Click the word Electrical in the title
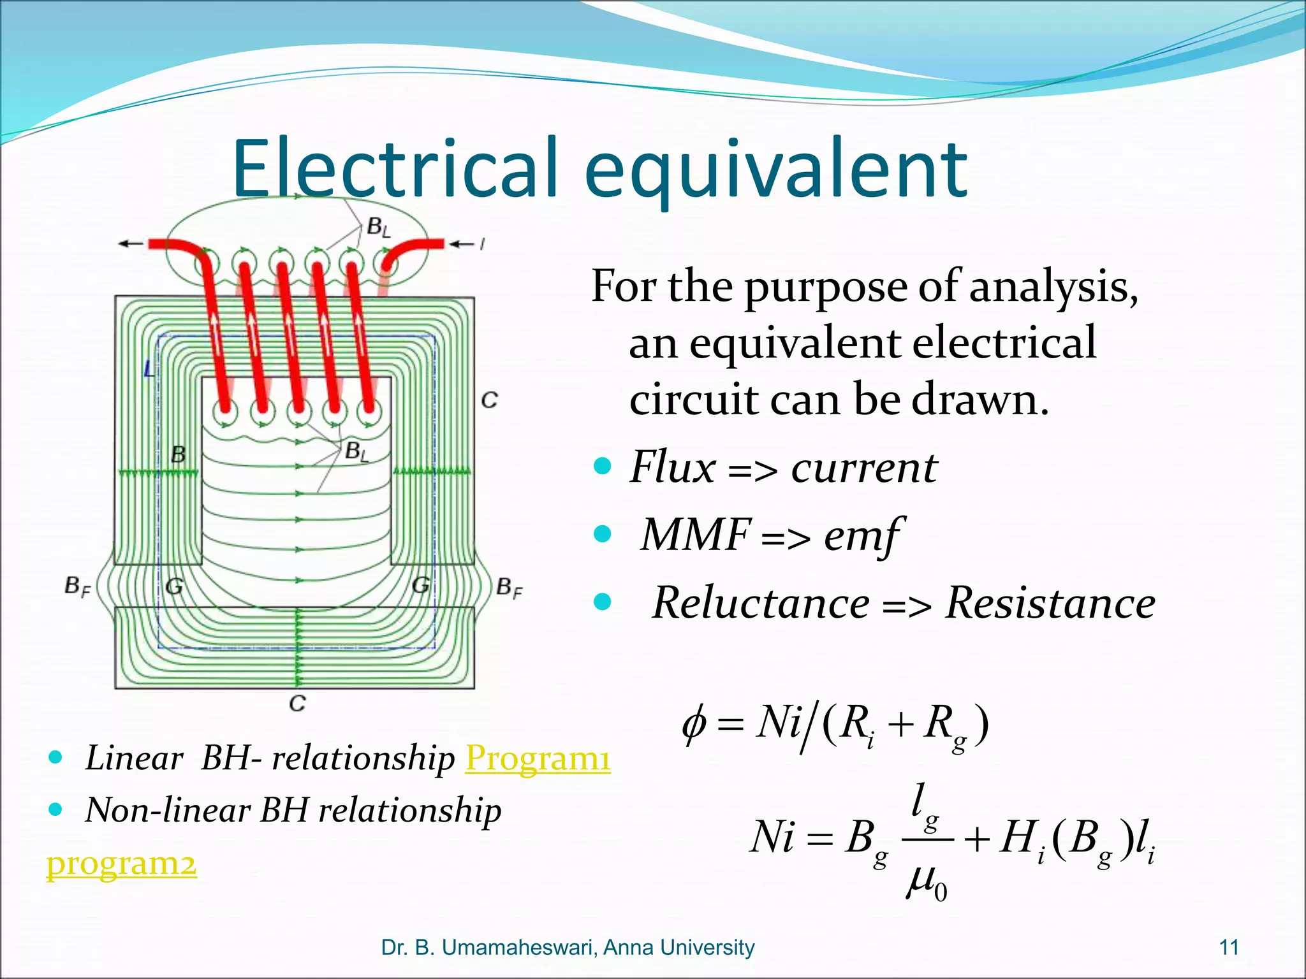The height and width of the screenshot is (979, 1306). point(395,169)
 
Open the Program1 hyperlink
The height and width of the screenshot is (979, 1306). point(538,758)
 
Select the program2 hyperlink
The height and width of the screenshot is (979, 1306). point(121,864)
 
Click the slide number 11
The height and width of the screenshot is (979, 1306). point(1229,948)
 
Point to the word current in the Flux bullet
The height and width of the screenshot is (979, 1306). point(864,468)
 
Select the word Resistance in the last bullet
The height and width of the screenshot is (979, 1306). point(1050,603)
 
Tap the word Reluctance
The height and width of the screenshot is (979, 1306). point(761,603)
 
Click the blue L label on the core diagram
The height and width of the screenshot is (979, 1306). point(149,368)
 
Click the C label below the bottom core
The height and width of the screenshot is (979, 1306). point(297,704)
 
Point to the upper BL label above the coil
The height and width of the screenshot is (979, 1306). point(378,227)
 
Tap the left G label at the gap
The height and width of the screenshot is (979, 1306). point(173,586)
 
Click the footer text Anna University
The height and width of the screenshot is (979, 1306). point(679,948)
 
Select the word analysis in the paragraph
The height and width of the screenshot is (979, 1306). point(1053,287)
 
